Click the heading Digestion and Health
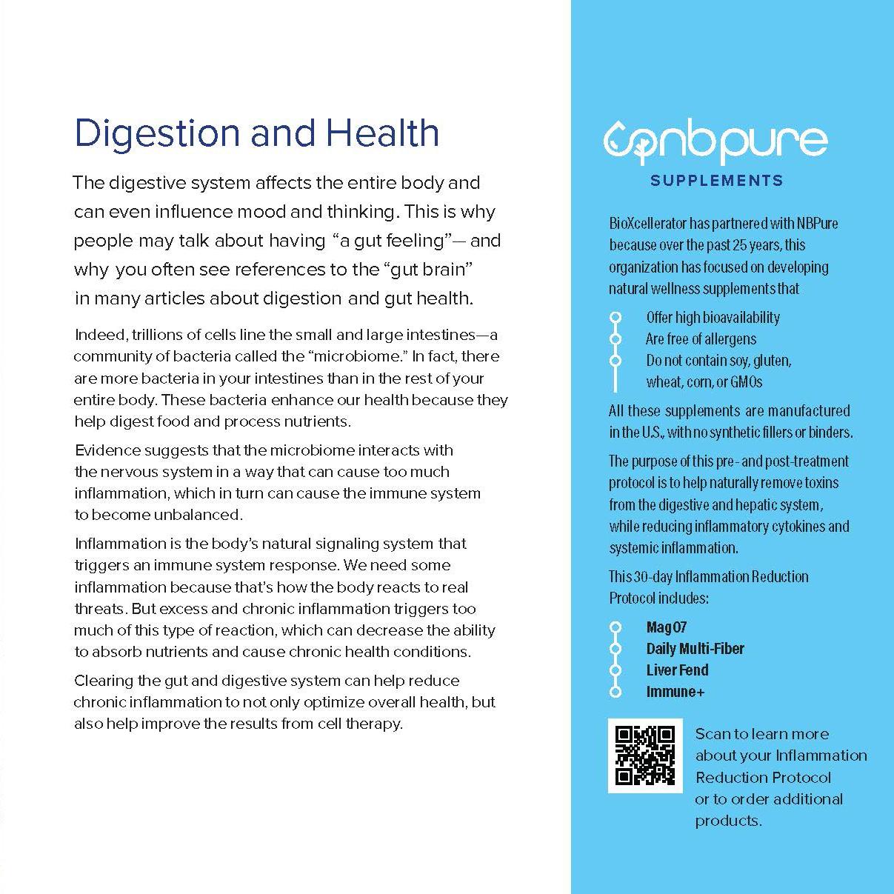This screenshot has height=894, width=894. click(257, 133)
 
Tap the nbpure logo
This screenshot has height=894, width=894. click(715, 141)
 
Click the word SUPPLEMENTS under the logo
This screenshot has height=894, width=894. click(716, 181)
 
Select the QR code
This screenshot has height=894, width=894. click(645, 755)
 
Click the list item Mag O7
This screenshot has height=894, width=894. click(667, 627)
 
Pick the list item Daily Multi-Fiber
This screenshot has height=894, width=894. click(695, 649)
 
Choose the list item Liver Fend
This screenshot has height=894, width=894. click(677, 670)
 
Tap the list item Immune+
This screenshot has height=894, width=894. click(675, 692)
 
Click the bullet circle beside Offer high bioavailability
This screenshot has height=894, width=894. click(615, 318)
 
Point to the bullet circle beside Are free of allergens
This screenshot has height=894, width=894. click(615, 339)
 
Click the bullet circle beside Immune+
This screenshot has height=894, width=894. click(615, 692)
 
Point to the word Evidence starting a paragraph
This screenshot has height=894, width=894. click(107, 450)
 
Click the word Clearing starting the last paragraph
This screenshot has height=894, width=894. click(103, 681)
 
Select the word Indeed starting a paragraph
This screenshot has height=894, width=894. click(100, 335)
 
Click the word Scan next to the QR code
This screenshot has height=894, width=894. click(711, 734)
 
